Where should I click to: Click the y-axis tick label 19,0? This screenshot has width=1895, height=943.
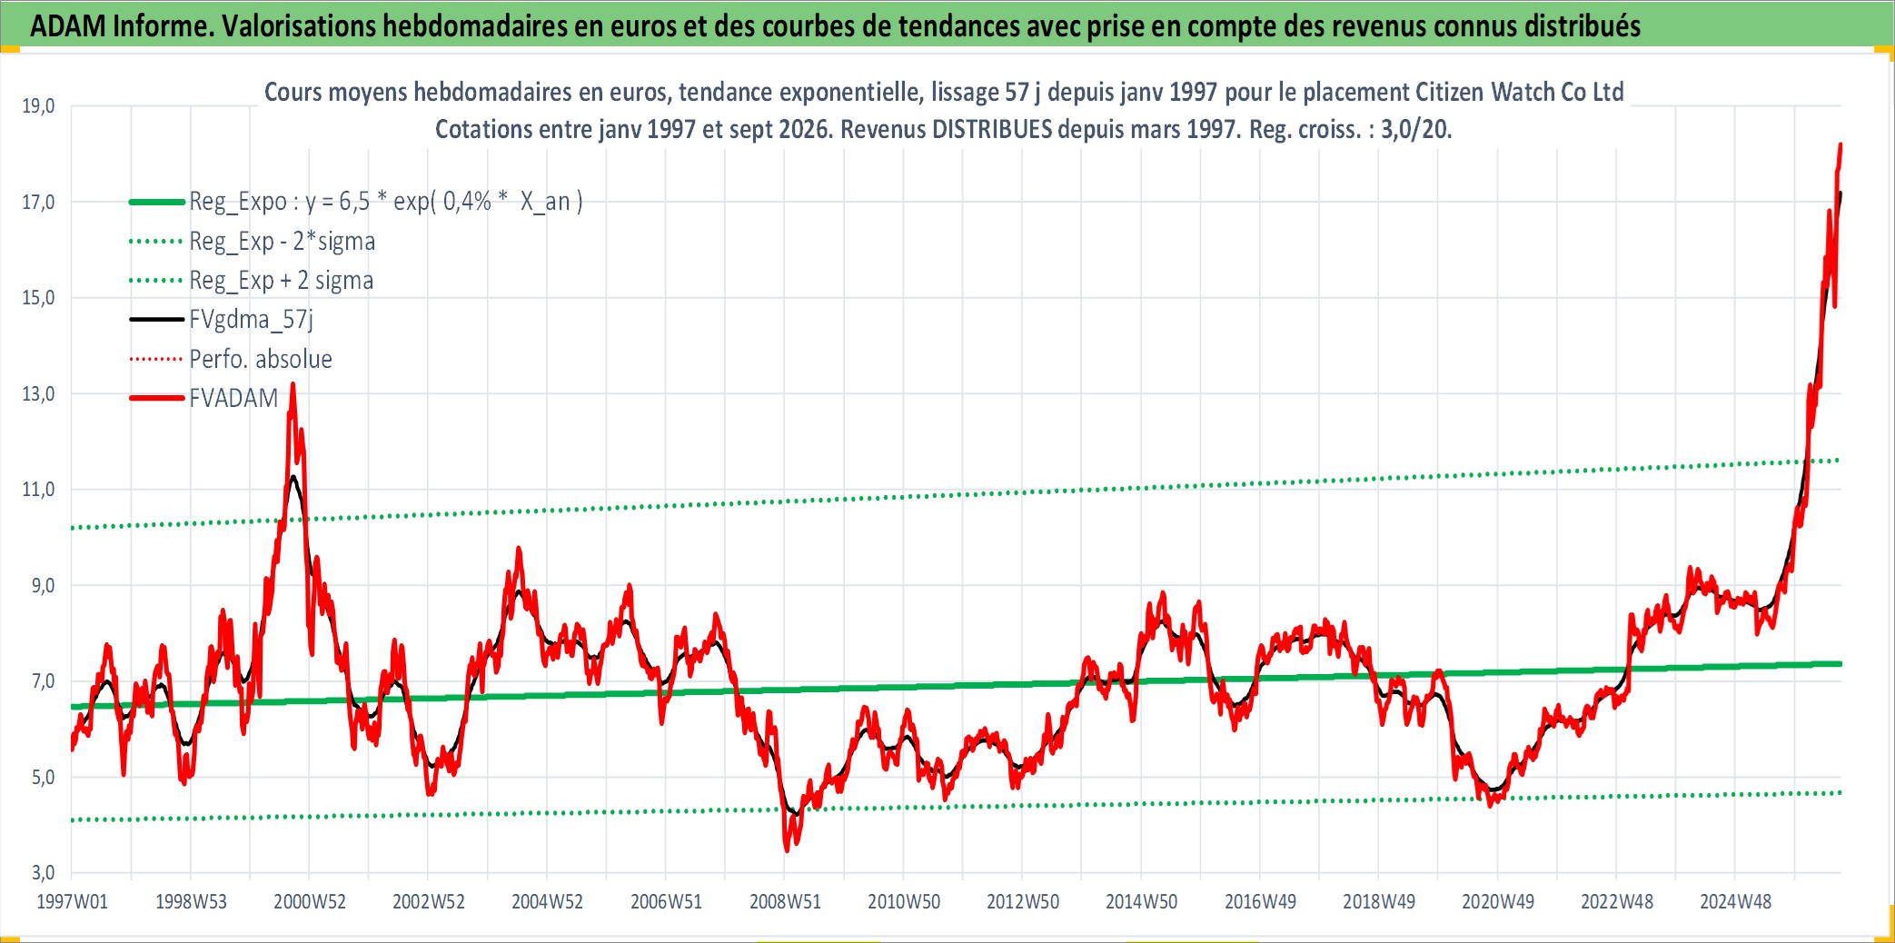coord(38,106)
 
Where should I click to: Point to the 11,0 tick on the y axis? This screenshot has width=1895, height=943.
coord(38,490)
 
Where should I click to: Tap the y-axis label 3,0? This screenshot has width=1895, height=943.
coord(43,873)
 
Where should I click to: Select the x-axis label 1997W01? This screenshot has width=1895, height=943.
coord(72,902)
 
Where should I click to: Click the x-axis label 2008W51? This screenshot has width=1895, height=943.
coord(785,902)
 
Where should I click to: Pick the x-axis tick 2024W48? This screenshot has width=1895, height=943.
coord(1735,902)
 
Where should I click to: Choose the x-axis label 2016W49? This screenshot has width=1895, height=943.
coord(1260,902)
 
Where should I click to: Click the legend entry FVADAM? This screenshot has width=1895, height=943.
coord(233,398)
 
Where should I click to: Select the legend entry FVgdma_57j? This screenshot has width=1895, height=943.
coord(251,320)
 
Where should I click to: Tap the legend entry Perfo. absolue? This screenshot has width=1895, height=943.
coord(261,359)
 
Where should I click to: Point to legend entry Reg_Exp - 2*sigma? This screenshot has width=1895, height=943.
coord(282,241)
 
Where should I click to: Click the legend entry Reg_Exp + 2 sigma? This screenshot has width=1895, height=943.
coord(281,281)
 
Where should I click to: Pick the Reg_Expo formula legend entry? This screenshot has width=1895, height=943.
coord(385,202)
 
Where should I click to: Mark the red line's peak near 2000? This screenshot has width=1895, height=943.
coord(293,384)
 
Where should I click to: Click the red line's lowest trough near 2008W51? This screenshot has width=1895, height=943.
coord(787,850)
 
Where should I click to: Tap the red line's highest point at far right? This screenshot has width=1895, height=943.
coord(1840,144)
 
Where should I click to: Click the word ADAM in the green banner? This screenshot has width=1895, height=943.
coord(68,26)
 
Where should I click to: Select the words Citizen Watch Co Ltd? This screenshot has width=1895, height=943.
coord(1519,92)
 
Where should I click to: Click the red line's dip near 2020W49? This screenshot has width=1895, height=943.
coord(1492,805)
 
